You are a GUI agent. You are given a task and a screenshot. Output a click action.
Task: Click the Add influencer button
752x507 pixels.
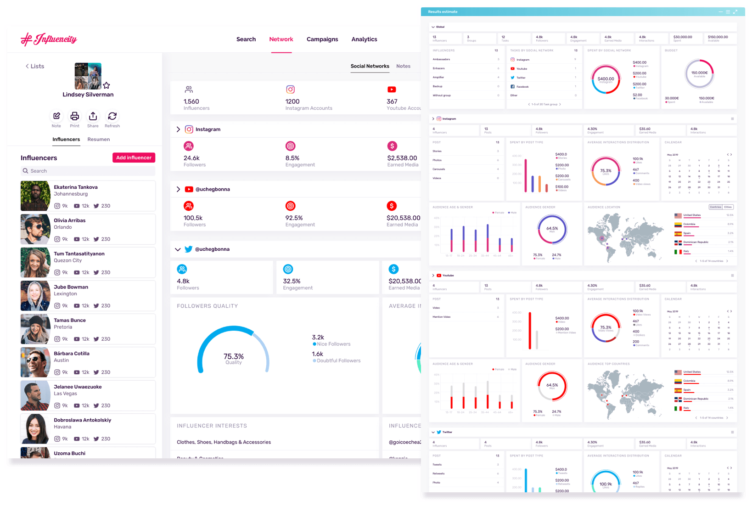(134, 158)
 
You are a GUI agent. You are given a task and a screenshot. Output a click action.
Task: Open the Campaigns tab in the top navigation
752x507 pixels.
(322, 39)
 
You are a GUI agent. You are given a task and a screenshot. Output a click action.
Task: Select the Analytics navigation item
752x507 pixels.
(364, 39)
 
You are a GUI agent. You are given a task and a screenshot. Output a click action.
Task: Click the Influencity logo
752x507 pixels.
(49, 39)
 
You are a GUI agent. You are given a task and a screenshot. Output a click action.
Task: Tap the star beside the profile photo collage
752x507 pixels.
(107, 85)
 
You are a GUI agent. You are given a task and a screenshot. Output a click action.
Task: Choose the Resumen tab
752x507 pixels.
(98, 140)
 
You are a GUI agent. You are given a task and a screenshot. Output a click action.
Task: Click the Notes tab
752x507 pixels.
(403, 66)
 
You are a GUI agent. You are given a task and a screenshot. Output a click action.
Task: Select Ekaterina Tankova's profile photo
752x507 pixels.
(35, 196)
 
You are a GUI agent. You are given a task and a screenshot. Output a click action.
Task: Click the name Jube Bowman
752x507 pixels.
(71, 287)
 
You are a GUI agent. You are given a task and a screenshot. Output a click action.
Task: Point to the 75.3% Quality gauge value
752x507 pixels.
(233, 357)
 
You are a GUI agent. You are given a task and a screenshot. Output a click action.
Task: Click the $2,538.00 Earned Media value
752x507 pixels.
(402, 158)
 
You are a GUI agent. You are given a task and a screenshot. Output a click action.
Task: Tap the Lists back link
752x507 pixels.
(35, 67)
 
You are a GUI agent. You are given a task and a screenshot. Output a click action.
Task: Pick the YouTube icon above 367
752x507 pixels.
(392, 90)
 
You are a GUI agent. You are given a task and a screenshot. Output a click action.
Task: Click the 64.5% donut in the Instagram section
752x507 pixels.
(552, 229)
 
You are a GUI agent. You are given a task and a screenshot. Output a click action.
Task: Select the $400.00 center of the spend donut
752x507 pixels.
(606, 79)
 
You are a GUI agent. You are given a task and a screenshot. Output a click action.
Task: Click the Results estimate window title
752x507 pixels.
(443, 12)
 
